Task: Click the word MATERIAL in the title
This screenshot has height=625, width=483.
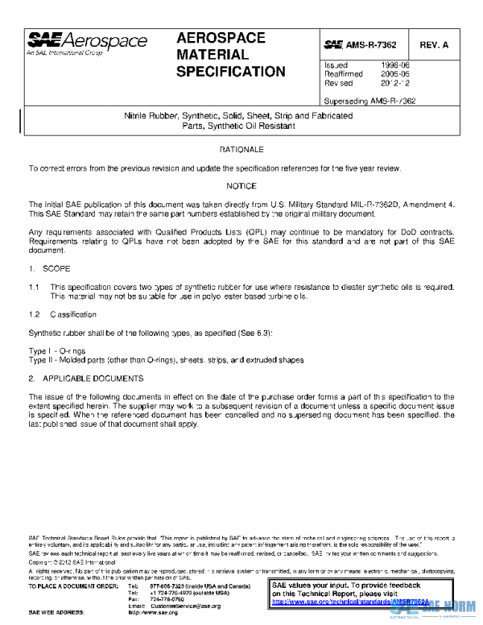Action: coord(213,55)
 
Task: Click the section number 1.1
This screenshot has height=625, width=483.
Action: coord(35,288)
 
